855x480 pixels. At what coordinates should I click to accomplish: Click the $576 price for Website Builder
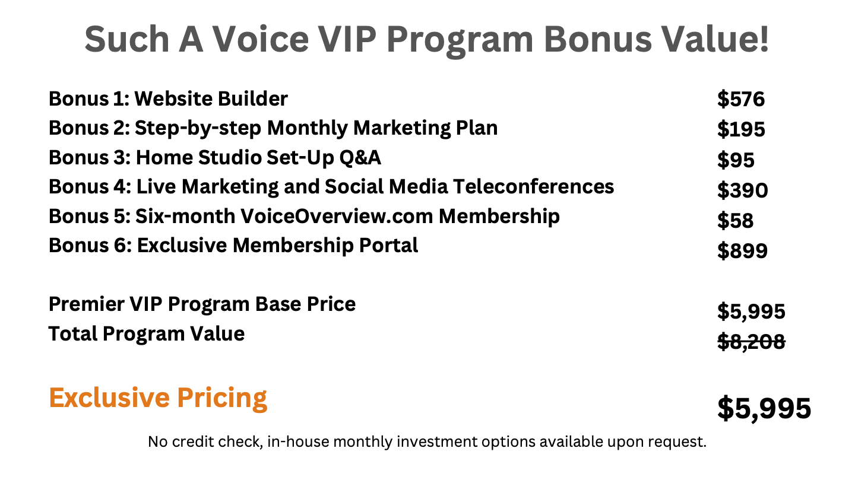[x=741, y=99]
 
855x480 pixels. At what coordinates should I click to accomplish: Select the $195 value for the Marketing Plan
[x=741, y=129]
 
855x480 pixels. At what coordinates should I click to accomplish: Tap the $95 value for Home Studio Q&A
[x=736, y=160]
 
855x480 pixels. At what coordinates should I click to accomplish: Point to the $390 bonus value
[x=742, y=190]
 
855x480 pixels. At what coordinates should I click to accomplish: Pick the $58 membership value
[x=735, y=220]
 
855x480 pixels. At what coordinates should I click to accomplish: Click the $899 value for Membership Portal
[x=742, y=250]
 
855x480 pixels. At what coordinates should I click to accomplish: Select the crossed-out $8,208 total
[x=751, y=342]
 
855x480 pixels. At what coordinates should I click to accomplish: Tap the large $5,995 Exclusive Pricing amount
[x=764, y=409]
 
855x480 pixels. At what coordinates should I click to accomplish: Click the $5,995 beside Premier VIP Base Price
[x=751, y=311]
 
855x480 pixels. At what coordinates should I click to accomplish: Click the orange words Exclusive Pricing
[x=158, y=399]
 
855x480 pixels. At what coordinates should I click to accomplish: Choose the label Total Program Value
[x=147, y=334]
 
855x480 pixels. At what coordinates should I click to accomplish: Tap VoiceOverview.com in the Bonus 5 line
[x=336, y=217]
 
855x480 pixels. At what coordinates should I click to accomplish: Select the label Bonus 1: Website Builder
[x=169, y=99]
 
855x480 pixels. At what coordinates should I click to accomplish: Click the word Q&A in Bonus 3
[x=360, y=158]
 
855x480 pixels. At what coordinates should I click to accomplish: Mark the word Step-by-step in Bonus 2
[x=198, y=128]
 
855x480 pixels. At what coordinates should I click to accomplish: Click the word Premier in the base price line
[x=87, y=304]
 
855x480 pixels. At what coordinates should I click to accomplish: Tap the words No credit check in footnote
[x=205, y=442]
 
